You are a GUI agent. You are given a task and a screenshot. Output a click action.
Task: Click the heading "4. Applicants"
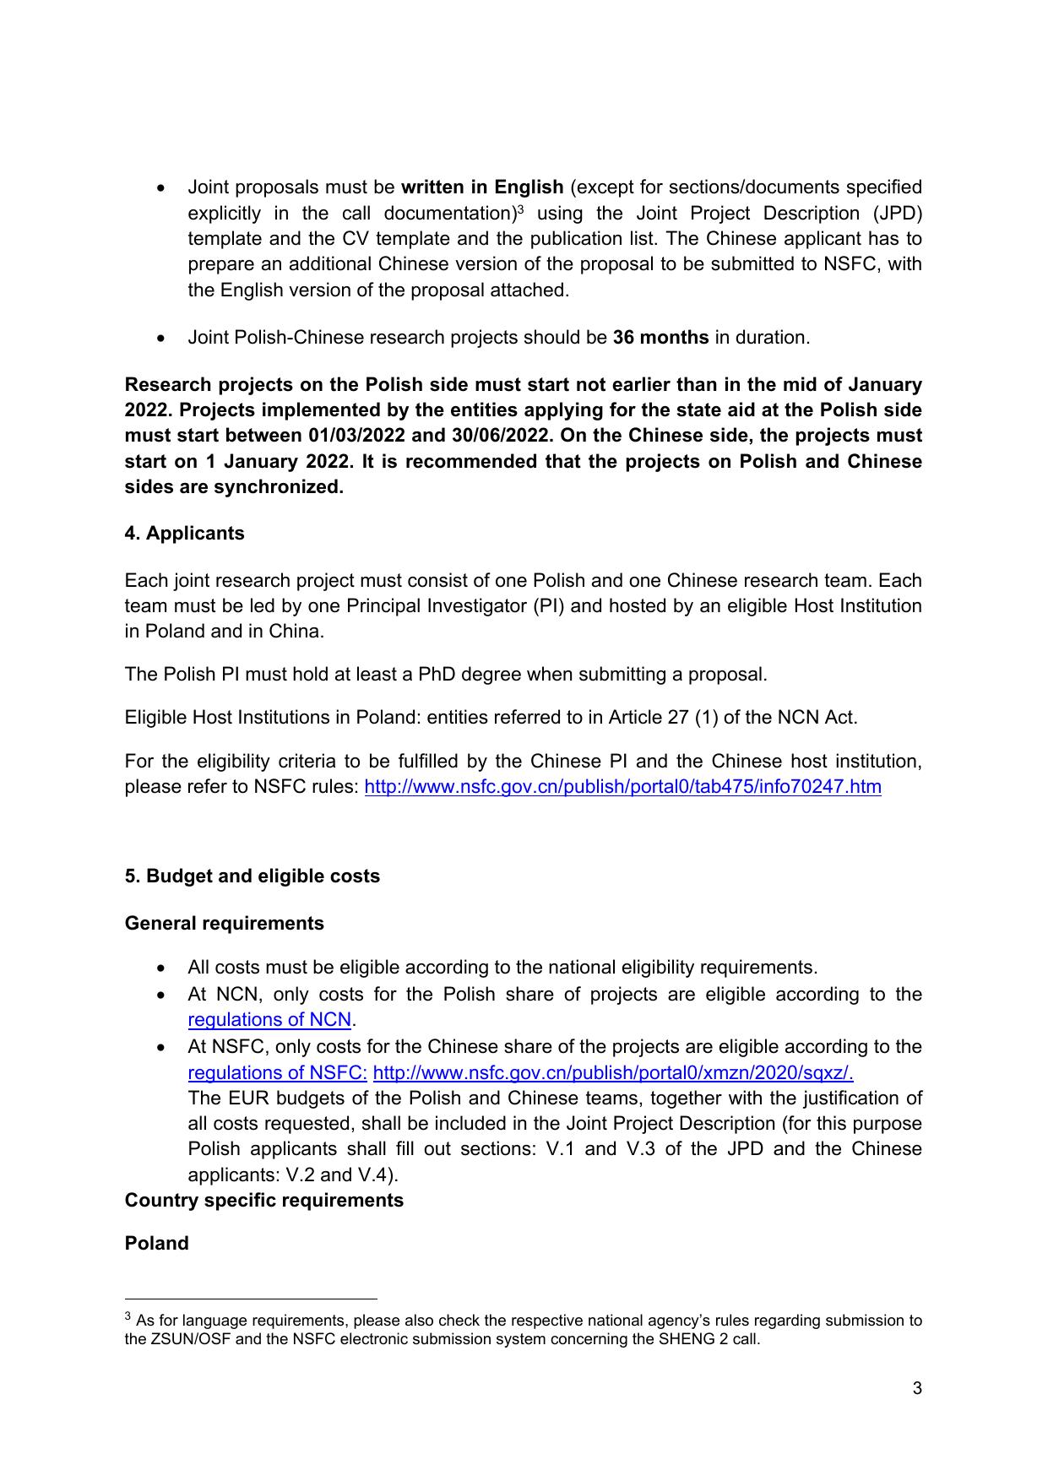[184, 534]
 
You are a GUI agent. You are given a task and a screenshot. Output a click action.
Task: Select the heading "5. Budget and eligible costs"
[252, 876]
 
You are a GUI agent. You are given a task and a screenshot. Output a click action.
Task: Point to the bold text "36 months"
[660, 338]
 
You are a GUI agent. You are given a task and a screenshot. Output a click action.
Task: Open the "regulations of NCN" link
[269, 1020]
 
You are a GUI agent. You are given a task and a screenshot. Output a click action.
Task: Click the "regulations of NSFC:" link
[277, 1073]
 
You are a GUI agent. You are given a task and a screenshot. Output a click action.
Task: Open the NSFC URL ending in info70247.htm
[622, 787]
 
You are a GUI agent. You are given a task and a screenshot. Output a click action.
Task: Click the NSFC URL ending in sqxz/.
[612, 1073]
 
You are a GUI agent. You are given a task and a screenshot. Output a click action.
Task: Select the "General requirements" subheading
[224, 924]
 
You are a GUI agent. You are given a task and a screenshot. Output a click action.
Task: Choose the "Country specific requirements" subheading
[263, 1201]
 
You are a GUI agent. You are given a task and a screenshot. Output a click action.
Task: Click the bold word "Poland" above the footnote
[156, 1244]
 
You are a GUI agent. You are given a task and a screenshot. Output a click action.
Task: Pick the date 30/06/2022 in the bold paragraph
[502, 436]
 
